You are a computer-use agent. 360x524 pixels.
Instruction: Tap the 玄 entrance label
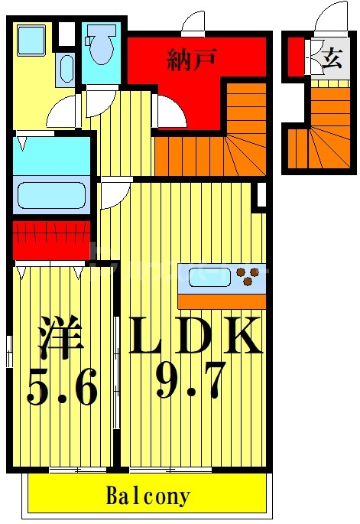[x=331, y=59]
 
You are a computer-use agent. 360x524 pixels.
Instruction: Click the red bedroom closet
[x=51, y=239]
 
